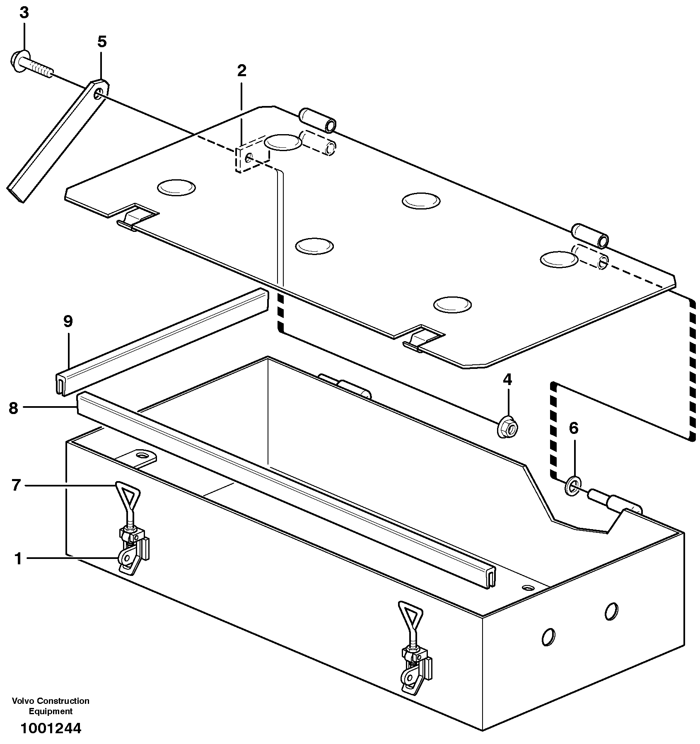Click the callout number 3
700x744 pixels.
24,13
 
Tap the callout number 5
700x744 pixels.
102,42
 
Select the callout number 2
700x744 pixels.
241,71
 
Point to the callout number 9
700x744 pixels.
68,321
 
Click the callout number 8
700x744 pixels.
13,408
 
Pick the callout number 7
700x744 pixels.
16,485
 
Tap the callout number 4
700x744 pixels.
507,379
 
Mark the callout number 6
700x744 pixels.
573,428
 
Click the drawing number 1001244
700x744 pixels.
51,728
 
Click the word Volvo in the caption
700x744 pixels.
24,701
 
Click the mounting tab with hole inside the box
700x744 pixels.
141,456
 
